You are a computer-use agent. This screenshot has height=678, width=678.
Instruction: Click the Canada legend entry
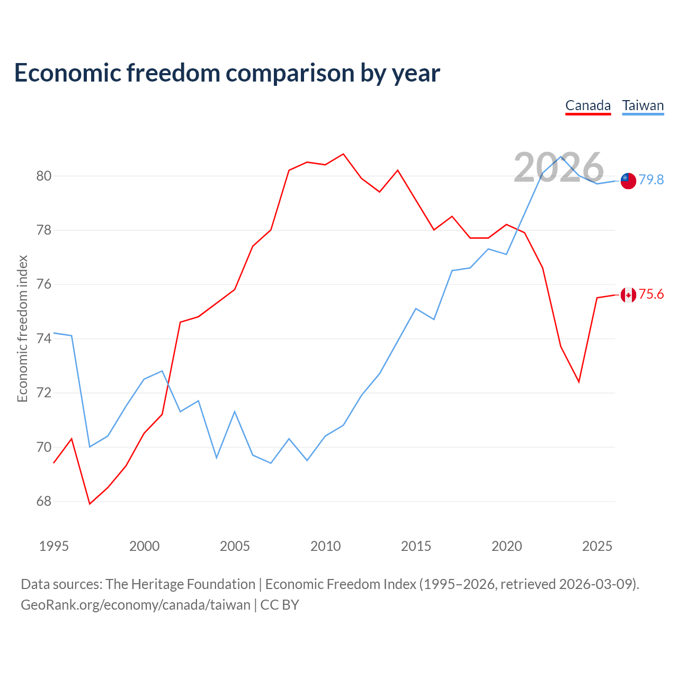click(588, 106)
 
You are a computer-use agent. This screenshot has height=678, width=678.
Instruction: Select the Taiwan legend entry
click(643, 106)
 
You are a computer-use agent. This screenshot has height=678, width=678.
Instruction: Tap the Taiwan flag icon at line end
click(628, 181)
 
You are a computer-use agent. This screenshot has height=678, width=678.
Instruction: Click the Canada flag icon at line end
click(628, 295)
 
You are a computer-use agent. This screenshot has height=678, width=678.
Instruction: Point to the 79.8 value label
click(651, 180)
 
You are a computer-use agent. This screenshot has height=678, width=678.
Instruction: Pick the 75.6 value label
click(651, 294)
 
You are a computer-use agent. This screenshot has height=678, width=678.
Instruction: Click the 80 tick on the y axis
click(43, 175)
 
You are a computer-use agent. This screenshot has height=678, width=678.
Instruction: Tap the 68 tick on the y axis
click(43, 501)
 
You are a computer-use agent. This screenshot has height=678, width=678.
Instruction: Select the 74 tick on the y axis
click(43, 338)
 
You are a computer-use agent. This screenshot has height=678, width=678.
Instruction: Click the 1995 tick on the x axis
click(54, 546)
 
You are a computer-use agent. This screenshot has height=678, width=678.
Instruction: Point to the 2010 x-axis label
click(325, 546)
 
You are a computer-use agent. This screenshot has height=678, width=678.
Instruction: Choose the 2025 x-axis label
click(597, 546)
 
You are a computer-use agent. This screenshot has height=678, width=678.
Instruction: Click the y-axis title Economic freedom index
click(22, 328)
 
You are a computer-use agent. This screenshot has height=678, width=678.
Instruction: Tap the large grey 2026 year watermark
click(559, 167)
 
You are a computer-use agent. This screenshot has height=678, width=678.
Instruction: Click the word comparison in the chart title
click(290, 73)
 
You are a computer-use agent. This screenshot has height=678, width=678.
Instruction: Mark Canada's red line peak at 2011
click(343, 154)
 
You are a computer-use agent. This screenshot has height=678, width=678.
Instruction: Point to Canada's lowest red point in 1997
click(90, 504)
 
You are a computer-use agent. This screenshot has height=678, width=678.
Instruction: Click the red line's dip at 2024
click(579, 382)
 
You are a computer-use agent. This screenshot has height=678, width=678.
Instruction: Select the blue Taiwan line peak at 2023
click(561, 157)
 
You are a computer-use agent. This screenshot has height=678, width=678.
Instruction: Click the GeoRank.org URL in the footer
click(136, 605)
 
